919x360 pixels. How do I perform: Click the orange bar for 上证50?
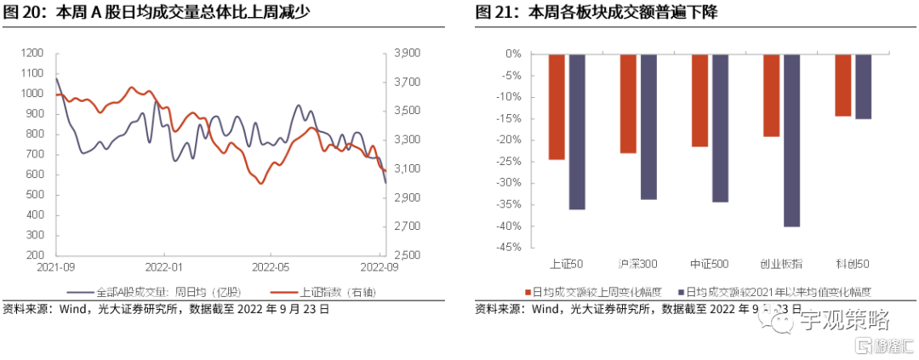[x=557, y=106]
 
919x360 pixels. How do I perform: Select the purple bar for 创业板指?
[x=791, y=140]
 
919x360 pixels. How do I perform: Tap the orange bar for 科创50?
[x=843, y=84]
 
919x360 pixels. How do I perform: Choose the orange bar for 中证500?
[x=699, y=100]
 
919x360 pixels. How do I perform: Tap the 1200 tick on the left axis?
[x=31, y=53]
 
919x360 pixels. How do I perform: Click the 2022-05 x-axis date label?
[x=271, y=266]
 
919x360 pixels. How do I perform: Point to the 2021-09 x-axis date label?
[x=56, y=266]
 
